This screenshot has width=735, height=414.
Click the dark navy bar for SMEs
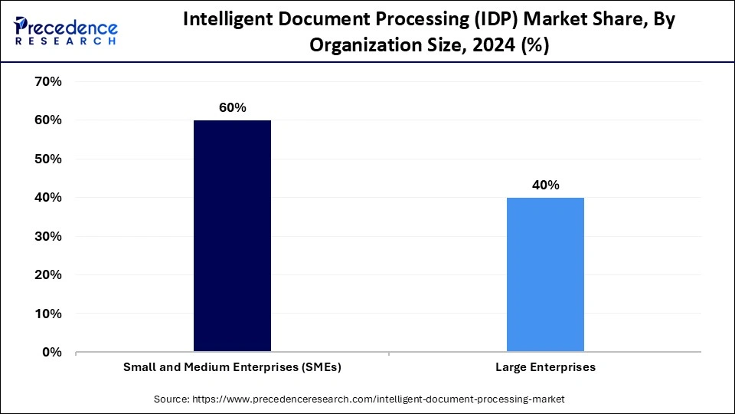pos(232,236)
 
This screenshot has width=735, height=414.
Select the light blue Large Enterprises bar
pos(545,274)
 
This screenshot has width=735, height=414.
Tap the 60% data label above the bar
pos(232,108)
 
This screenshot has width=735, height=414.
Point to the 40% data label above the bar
pos(545,186)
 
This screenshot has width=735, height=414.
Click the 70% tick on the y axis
pos(47,81)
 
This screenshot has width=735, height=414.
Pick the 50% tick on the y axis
pos(47,159)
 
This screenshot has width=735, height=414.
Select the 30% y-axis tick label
pos(47,236)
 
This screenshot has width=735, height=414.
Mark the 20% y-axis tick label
pos(47,274)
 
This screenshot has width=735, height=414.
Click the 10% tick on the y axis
pos(47,314)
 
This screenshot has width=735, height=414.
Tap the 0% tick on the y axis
pos(51,352)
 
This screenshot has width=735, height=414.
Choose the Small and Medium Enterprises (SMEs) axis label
pos(232,368)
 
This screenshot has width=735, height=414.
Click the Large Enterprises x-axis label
pos(545,368)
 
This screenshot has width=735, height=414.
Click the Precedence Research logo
pos(66,29)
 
